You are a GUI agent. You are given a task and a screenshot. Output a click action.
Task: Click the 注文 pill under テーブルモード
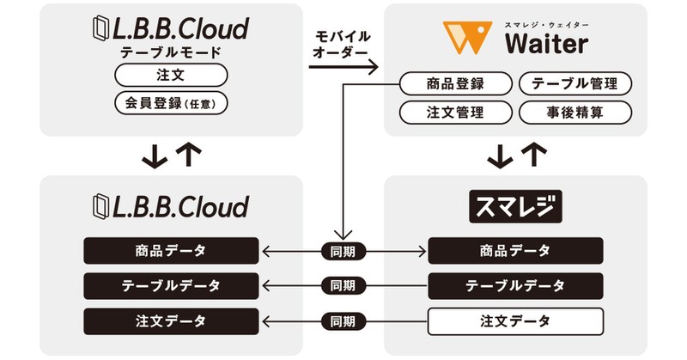coord(170,76)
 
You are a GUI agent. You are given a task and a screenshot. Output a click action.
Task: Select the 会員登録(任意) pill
coord(170,104)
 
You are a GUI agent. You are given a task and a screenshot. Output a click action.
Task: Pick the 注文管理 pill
coord(455,112)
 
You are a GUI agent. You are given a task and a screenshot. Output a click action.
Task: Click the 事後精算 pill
coord(575,112)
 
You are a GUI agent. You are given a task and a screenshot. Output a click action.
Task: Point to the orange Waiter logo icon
coord(468,37)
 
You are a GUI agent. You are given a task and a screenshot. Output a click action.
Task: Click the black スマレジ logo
coord(515,207)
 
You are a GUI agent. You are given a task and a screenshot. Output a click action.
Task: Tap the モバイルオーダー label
coord(343,44)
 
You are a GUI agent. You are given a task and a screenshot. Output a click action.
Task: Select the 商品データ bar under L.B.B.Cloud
coord(170,251)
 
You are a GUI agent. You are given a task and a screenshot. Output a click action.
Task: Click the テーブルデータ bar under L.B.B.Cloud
coord(170,285)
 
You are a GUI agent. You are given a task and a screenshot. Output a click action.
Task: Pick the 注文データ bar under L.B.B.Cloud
coord(170,321)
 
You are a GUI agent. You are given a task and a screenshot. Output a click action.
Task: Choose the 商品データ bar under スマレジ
coord(515,251)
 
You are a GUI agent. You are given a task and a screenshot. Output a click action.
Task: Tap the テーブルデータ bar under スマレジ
coord(515,285)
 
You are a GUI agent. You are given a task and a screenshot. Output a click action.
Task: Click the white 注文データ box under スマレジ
coord(515,321)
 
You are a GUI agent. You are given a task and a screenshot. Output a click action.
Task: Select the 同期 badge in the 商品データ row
coord(343,251)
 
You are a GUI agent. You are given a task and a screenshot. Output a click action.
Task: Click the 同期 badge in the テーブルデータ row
coord(343,285)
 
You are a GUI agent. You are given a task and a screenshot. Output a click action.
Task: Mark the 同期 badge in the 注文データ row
coord(343,321)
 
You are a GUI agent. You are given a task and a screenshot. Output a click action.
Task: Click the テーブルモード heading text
coord(170,53)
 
